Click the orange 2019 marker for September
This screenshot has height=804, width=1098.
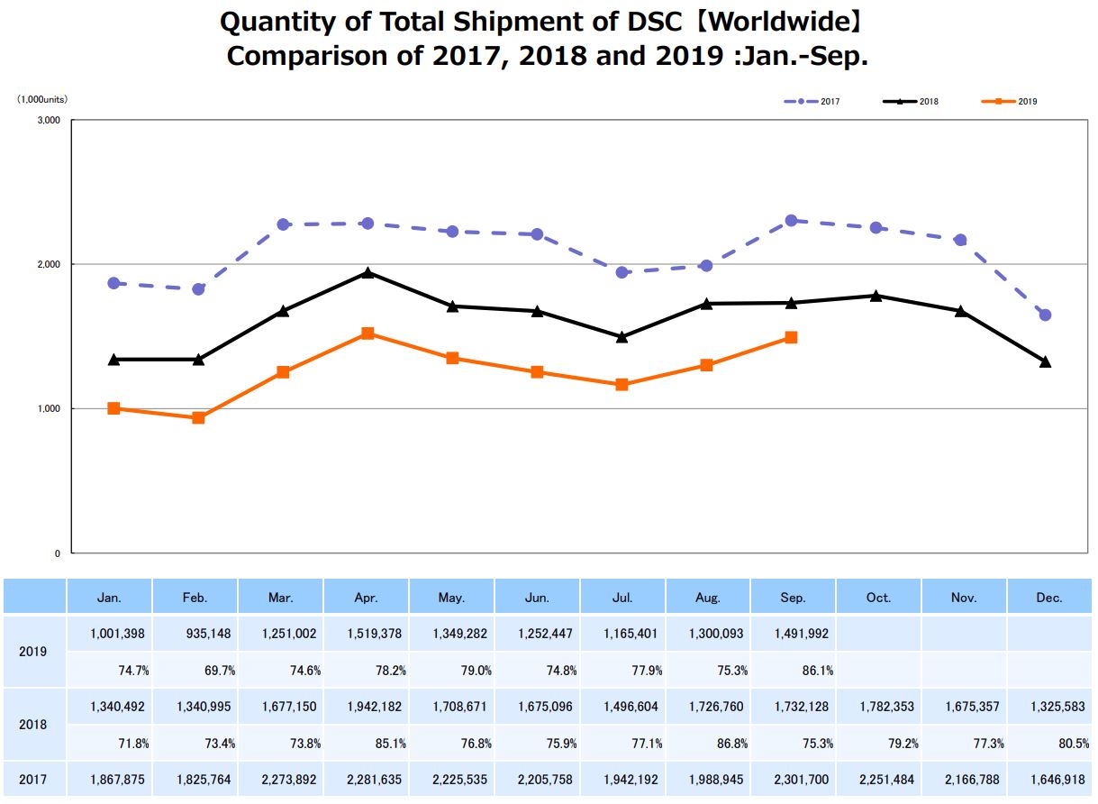[x=791, y=337]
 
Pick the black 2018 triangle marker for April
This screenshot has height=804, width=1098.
[x=368, y=272]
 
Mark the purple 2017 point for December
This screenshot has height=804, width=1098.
[x=1045, y=315]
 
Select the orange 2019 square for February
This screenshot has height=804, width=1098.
[x=198, y=417]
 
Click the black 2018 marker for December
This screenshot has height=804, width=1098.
[x=1045, y=361]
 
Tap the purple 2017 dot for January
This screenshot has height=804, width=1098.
[x=113, y=283]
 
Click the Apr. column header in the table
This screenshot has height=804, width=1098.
[x=367, y=598]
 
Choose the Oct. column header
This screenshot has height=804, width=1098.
[x=879, y=598]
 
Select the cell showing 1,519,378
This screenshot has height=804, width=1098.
[x=367, y=634]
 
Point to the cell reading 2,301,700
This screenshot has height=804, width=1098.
[x=794, y=779]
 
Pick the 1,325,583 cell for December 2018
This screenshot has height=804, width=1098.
[x=1050, y=707]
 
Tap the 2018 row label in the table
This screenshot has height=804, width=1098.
[x=34, y=725]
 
